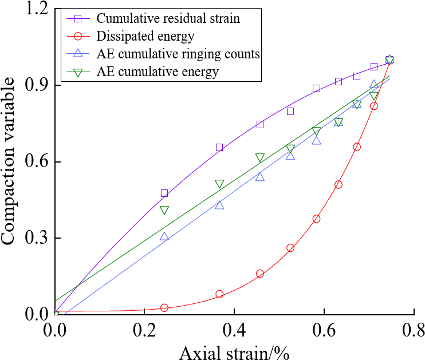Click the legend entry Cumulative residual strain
(x=168, y=18)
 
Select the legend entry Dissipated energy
(x=145, y=37)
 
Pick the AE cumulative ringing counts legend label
(x=179, y=54)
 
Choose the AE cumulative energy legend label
(x=158, y=72)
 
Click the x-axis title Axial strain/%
(x=234, y=350)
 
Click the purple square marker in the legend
(x=80, y=18)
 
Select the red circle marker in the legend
(x=80, y=37)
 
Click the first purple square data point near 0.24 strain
(x=164, y=193)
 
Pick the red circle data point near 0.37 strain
(x=219, y=294)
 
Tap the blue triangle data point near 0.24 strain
(x=164, y=236)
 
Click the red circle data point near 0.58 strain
(x=316, y=219)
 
